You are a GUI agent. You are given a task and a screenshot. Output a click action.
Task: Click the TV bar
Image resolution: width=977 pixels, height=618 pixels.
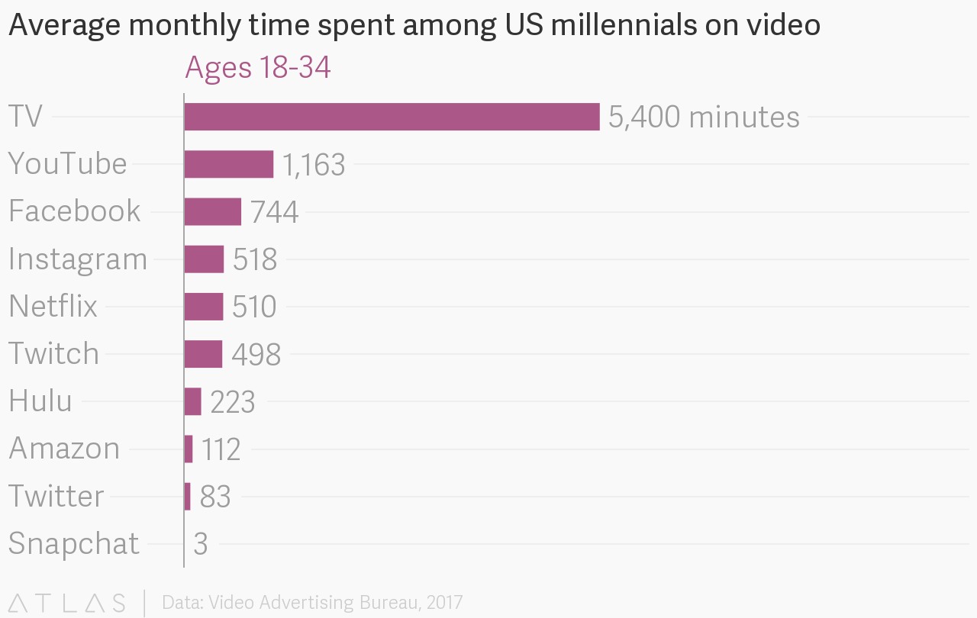coord(392,117)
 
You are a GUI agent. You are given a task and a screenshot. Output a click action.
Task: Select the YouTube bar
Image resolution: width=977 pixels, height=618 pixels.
coord(228,164)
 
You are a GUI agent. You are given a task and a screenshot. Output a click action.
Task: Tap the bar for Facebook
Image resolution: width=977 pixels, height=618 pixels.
coord(212,211)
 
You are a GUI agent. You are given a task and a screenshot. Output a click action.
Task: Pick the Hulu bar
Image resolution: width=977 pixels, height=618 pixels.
coord(192,401)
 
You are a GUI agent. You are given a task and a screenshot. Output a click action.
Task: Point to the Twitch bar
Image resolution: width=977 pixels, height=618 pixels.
coord(203,354)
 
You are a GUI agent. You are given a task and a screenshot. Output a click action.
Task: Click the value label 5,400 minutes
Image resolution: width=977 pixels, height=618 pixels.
coord(704,117)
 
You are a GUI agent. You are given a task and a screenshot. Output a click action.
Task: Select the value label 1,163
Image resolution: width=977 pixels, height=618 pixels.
coord(314,165)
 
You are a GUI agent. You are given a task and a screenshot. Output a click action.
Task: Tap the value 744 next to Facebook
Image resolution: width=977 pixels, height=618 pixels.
coord(274,212)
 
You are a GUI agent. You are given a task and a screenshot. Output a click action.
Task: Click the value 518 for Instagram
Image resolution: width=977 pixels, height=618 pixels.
coord(255,259)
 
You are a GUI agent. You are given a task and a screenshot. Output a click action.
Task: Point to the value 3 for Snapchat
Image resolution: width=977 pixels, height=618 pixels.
coord(201,544)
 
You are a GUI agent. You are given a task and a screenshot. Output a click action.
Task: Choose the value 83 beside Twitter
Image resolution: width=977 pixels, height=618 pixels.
coord(215,497)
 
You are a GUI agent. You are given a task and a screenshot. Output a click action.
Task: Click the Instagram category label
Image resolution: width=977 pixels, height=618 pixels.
coord(78,259)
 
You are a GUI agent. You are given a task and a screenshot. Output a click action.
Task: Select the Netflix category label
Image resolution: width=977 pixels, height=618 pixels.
coord(53,307)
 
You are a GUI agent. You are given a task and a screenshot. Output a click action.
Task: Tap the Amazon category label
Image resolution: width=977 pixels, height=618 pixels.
coord(64,449)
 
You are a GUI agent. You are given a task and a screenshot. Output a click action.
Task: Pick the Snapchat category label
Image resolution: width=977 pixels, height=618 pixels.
coord(74,544)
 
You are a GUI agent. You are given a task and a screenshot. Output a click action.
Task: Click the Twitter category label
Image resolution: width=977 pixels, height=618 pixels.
coord(56,497)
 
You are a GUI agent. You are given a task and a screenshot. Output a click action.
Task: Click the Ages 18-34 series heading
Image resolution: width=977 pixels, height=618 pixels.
coord(258,68)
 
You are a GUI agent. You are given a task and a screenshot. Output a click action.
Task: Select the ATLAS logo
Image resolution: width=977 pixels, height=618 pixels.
coord(67,603)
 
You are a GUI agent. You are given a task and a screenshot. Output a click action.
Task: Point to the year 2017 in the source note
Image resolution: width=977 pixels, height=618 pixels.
coord(445,603)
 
